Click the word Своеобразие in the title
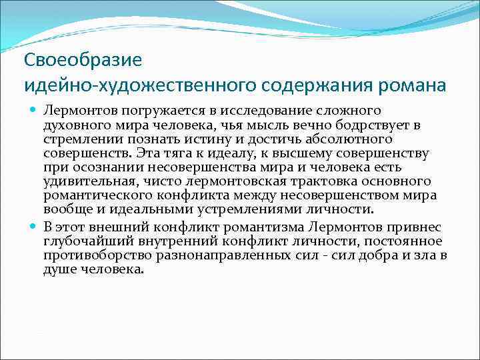pos(83,60)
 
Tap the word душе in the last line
pos(59,271)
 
